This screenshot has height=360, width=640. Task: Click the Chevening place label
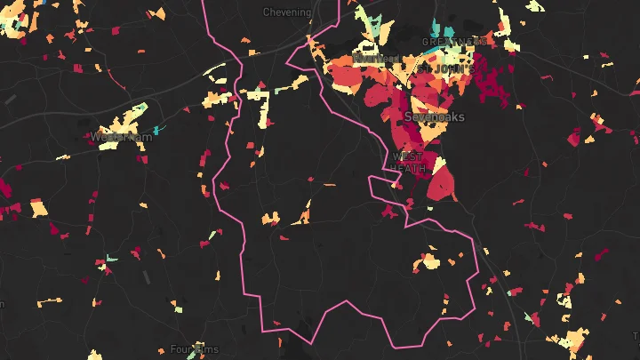(287, 12)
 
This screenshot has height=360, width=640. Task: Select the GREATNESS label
(454, 42)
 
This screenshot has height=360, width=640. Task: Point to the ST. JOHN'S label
(452, 68)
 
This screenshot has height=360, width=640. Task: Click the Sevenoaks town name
(434, 116)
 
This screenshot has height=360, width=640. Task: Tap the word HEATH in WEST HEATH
(410, 168)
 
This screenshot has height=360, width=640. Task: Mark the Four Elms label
(194, 350)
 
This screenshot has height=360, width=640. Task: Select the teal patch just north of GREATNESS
(452, 26)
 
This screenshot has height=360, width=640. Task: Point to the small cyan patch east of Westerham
(156, 131)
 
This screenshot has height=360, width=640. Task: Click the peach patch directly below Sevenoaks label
(432, 132)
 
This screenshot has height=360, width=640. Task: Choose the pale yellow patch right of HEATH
(438, 163)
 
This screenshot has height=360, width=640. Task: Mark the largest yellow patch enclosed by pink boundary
(430, 261)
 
